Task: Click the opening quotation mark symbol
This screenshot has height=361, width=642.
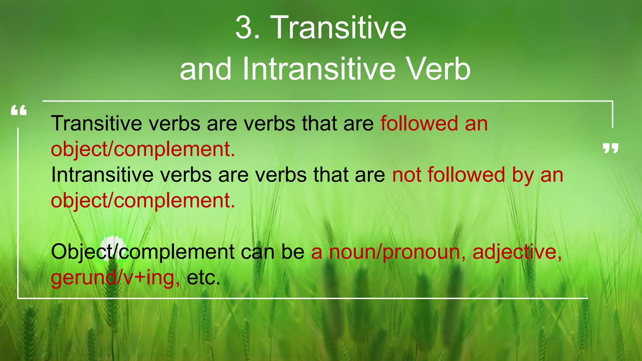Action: [x=19, y=111]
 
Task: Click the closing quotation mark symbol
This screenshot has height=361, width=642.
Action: [x=610, y=148]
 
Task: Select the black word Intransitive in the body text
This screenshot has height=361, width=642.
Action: [x=102, y=175]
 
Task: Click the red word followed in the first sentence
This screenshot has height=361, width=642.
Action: [x=419, y=123]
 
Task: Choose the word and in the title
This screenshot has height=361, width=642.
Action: [x=206, y=69]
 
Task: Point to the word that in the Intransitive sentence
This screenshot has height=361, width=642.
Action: [x=331, y=175]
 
